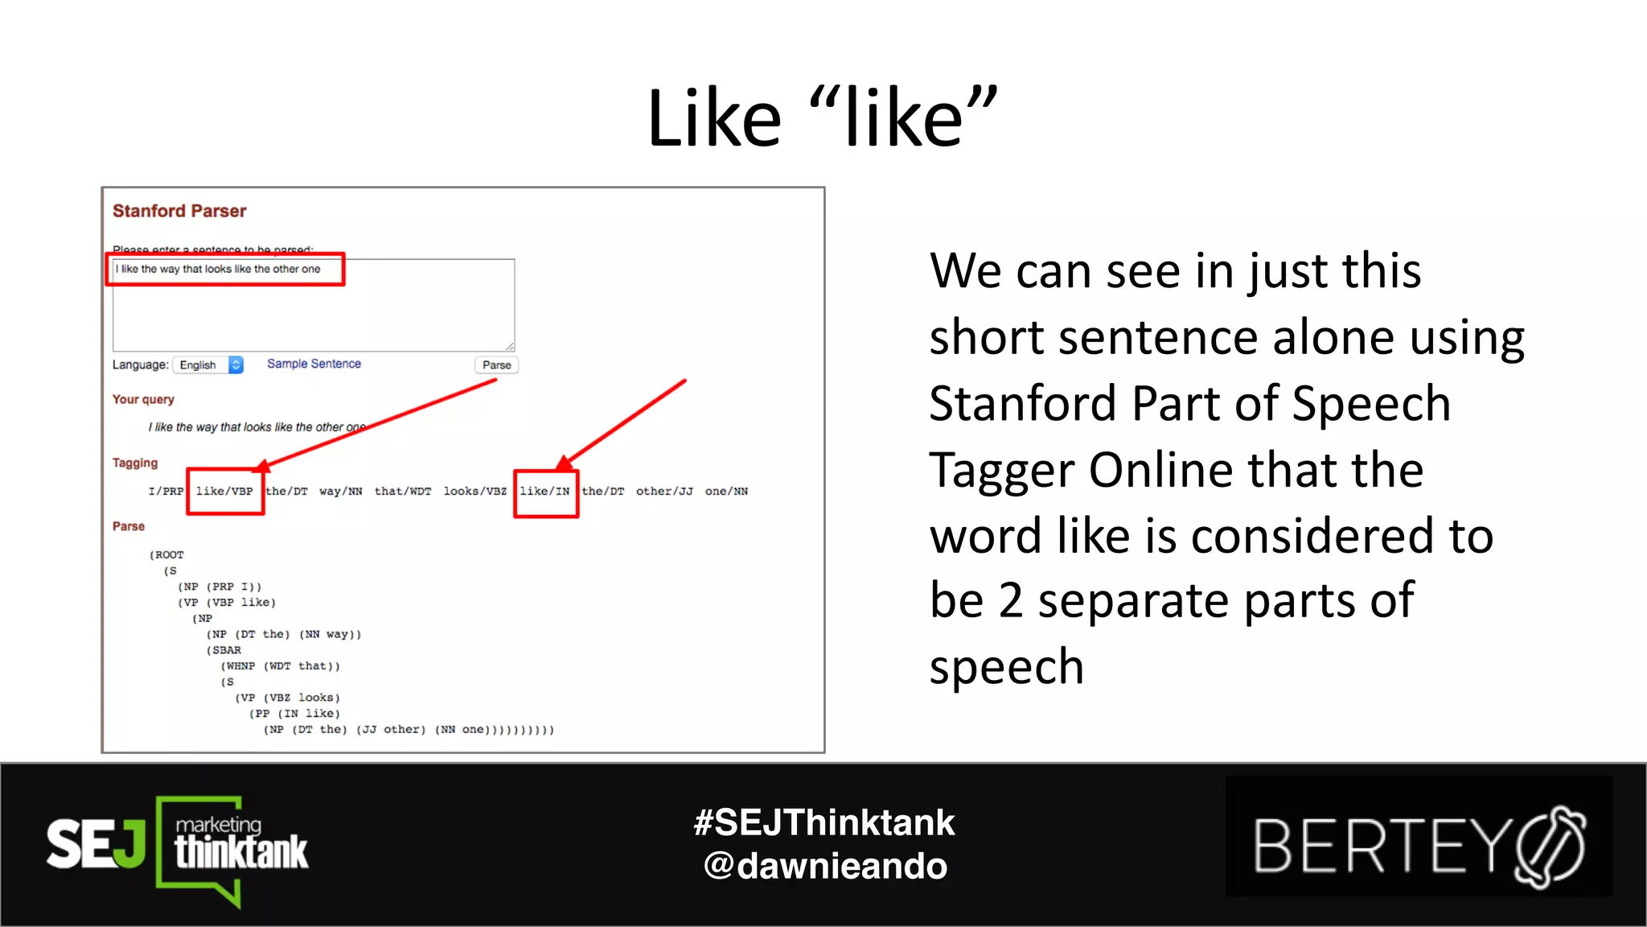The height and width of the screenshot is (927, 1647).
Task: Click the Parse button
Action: tap(496, 365)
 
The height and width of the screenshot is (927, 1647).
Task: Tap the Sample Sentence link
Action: tap(314, 364)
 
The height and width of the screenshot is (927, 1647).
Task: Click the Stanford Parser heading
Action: tap(179, 211)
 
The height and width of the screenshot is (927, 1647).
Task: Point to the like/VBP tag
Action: tap(224, 492)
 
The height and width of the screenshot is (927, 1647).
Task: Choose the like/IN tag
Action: tap(544, 492)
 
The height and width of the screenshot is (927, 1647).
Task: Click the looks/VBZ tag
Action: tap(474, 492)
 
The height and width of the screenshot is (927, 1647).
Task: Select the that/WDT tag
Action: tap(403, 492)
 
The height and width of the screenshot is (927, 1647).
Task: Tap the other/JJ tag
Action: tap(664, 492)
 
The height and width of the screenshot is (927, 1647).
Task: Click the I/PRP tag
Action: tap(166, 492)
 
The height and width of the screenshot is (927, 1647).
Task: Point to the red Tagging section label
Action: tap(135, 463)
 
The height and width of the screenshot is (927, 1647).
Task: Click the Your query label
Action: tap(143, 399)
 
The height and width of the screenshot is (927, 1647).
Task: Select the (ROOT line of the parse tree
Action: tap(167, 555)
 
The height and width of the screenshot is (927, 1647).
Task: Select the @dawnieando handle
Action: tap(824, 867)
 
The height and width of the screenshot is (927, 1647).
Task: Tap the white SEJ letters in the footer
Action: tap(95, 844)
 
